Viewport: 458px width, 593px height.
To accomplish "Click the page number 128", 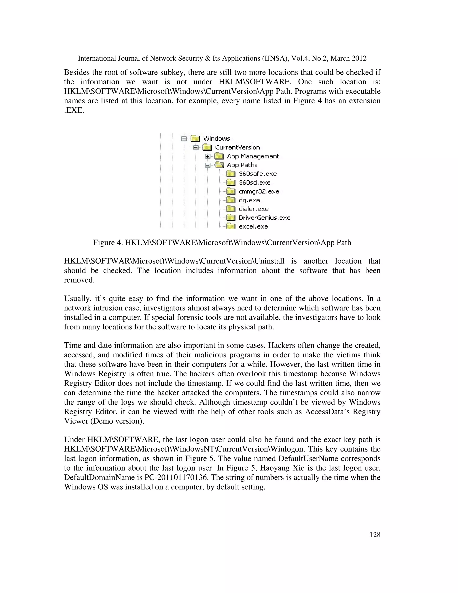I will pos(375,535).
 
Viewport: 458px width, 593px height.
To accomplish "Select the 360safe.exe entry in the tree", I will pos(257,174).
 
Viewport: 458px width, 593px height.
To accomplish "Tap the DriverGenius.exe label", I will pos(264,218).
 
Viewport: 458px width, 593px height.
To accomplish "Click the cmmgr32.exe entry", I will pos(259,191).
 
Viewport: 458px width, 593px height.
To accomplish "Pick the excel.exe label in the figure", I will pos(253,226).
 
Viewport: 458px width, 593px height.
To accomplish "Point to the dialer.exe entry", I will pos(253,209).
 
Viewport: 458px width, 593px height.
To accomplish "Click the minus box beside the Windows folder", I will pos(184,139).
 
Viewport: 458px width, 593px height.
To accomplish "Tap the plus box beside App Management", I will pos(208,156).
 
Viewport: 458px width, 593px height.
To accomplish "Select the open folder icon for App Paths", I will pos(219,165).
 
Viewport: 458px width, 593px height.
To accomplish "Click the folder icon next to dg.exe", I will pos(231,200).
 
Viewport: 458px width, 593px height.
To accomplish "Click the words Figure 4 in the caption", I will pos(107,243).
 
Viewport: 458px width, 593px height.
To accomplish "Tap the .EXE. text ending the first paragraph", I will pos(74,110).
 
